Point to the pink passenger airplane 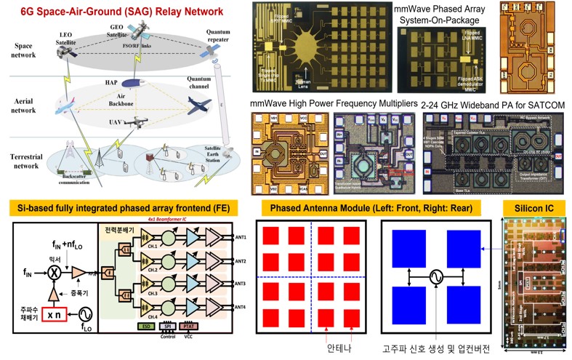65,106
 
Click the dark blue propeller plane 198,105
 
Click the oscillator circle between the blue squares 434,276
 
